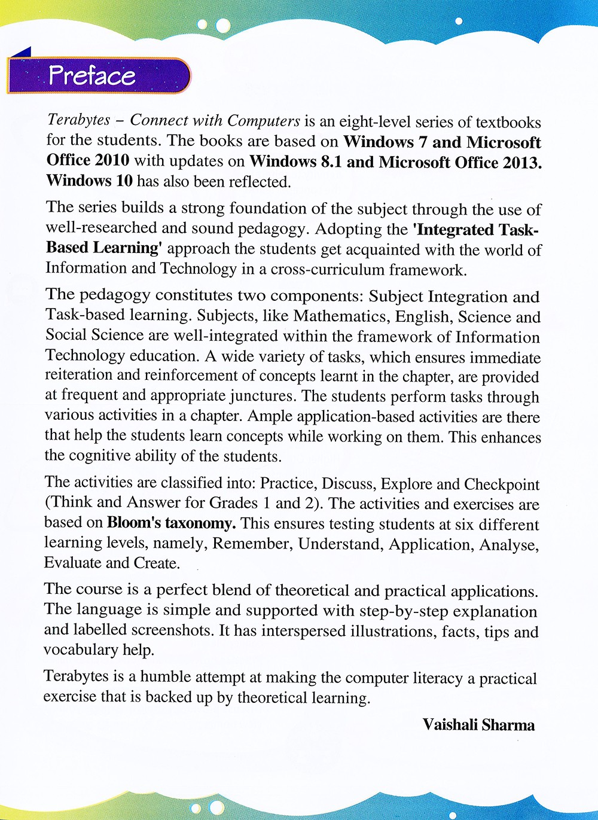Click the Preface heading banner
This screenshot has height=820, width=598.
pos(99,75)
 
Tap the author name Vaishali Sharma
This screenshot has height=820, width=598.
pos(478,725)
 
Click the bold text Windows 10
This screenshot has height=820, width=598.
pos(89,181)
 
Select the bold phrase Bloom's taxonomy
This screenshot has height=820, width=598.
pos(171,523)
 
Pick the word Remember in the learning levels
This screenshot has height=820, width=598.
pos(252,544)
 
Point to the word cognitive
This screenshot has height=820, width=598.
pos(100,456)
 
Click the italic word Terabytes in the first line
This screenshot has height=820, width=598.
pos(78,121)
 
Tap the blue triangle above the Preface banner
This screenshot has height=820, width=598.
pos(22,53)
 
